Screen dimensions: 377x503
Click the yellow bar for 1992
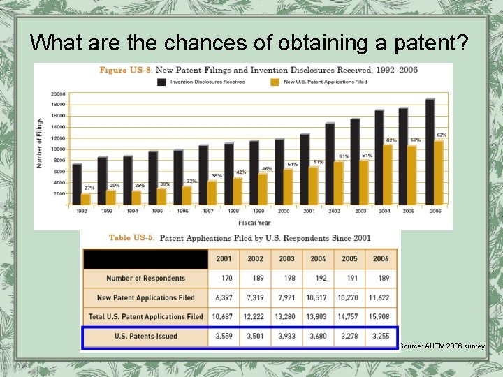[86, 199]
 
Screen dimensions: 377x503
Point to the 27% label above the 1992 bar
[89, 188]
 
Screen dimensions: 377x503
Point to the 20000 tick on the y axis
[58, 94]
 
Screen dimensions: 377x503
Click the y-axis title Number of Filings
[41, 144]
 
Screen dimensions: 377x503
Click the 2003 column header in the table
[286, 258]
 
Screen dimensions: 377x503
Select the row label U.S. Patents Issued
[146, 336]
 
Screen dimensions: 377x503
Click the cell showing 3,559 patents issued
[224, 336]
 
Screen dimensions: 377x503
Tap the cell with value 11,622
[381, 297]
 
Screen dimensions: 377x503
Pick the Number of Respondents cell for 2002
[255, 278]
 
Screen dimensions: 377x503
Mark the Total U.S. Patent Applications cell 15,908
[381, 317]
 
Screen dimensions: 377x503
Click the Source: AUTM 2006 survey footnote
[442, 346]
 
